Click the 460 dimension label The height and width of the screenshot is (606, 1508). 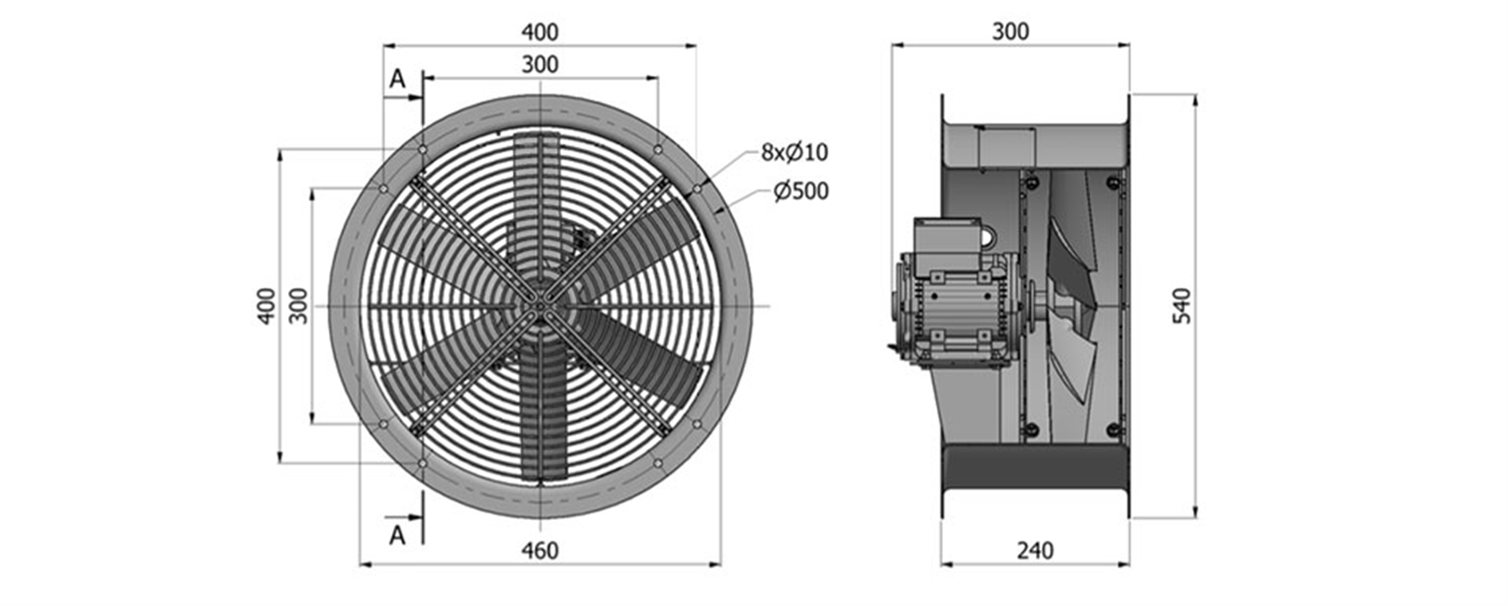(540, 550)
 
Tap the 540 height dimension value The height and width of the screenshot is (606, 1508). (1182, 306)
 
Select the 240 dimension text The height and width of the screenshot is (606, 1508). (1035, 550)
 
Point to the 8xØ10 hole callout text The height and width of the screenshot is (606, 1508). (795, 151)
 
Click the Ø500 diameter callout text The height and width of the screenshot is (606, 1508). (801, 191)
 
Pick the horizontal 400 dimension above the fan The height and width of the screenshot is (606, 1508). (540, 32)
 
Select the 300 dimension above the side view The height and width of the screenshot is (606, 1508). (1010, 31)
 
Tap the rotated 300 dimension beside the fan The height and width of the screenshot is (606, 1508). (298, 306)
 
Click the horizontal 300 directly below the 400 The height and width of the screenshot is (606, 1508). (540, 64)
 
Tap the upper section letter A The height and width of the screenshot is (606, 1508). (397, 79)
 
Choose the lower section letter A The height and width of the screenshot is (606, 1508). (397, 536)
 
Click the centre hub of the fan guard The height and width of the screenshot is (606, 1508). (540, 306)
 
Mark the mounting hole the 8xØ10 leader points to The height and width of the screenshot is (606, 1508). (697, 188)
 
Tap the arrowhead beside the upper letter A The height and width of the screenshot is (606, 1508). (415, 98)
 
